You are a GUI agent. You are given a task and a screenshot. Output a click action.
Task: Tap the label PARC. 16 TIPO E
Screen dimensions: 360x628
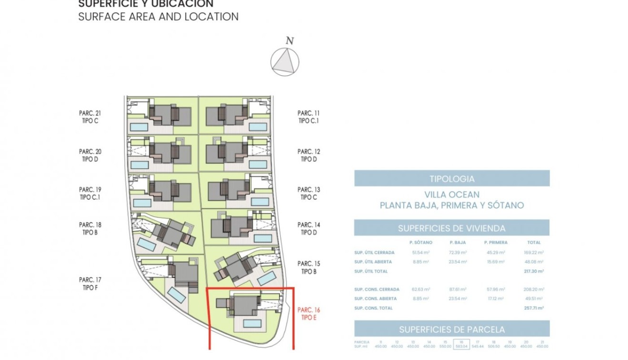(x=309, y=314)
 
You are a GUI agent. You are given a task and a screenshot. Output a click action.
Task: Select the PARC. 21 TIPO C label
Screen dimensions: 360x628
(x=90, y=117)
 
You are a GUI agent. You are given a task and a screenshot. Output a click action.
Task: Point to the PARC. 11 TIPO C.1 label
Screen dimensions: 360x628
(x=309, y=117)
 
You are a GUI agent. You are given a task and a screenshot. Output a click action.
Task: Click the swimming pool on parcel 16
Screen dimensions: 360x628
(x=252, y=323)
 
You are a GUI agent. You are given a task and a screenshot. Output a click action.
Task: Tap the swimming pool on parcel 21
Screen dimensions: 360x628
(x=139, y=127)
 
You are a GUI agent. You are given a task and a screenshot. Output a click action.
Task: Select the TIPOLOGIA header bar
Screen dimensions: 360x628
(x=451, y=179)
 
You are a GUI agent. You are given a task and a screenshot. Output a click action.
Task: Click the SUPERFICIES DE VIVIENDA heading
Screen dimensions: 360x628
(x=451, y=228)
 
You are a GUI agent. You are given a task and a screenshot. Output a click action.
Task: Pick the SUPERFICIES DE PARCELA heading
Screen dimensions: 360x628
(x=451, y=329)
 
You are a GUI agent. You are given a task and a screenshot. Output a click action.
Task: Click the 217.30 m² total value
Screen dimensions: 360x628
(x=534, y=271)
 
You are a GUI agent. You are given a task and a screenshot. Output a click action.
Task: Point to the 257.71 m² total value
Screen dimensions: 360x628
(x=534, y=308)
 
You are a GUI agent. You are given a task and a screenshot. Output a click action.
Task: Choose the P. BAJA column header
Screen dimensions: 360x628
(x=457, y=243)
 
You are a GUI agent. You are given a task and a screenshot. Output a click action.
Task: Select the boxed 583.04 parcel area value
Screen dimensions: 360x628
(x=461, y=346)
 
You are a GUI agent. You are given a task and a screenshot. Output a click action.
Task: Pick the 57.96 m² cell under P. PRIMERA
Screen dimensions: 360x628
(x=495, y=290)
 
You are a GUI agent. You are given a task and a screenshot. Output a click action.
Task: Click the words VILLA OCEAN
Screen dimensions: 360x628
(x=451, y=195)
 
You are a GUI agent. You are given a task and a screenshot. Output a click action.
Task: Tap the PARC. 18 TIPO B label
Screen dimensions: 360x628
(x=90, y=229)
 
